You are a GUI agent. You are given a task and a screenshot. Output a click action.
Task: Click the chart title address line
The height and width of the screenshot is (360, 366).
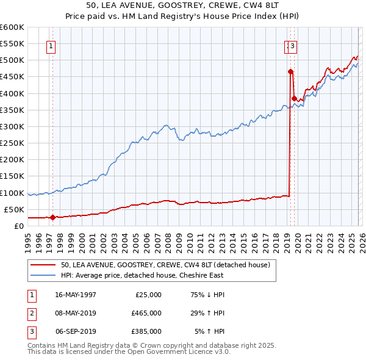[182, 6]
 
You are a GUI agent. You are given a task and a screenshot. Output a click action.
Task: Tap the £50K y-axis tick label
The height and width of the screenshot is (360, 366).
[14, 209]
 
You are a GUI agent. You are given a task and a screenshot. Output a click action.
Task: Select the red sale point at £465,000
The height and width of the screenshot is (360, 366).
[290, 71]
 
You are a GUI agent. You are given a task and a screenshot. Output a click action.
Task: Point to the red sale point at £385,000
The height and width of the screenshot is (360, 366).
[294, 98]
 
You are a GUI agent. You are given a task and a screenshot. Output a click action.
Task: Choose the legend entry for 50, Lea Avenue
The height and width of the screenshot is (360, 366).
[165, 264]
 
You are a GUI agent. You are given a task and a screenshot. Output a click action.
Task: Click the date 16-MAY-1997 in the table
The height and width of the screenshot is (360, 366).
[75, 294]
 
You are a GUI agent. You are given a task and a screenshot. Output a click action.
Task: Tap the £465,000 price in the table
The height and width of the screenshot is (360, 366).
[146, 312]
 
